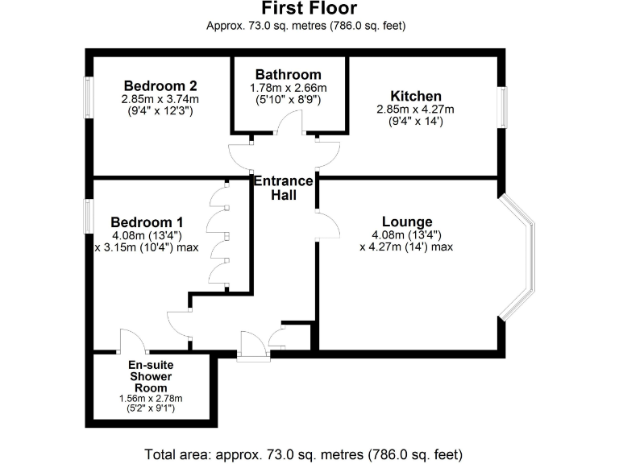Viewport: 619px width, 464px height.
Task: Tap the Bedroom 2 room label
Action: click(x=160, y=85)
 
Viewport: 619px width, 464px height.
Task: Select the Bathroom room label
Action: click(x=289, y=75)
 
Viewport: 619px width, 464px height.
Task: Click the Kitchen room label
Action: click(x=416, y=96)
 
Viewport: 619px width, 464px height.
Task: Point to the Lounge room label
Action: click(x=406, y=222)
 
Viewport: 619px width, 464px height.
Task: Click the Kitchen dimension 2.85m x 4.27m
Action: click(x=416, y=110)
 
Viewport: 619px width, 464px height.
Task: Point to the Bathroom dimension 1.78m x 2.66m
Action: click(x=289, y=88)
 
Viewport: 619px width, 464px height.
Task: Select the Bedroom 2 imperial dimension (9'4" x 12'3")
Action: click(x=160, y=112)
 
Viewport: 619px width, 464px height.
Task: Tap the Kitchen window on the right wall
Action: click(x=502, y=106)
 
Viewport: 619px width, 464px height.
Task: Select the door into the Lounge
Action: click(x=325, y=226)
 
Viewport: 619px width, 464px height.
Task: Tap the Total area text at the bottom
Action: click(x=304, y=454)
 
